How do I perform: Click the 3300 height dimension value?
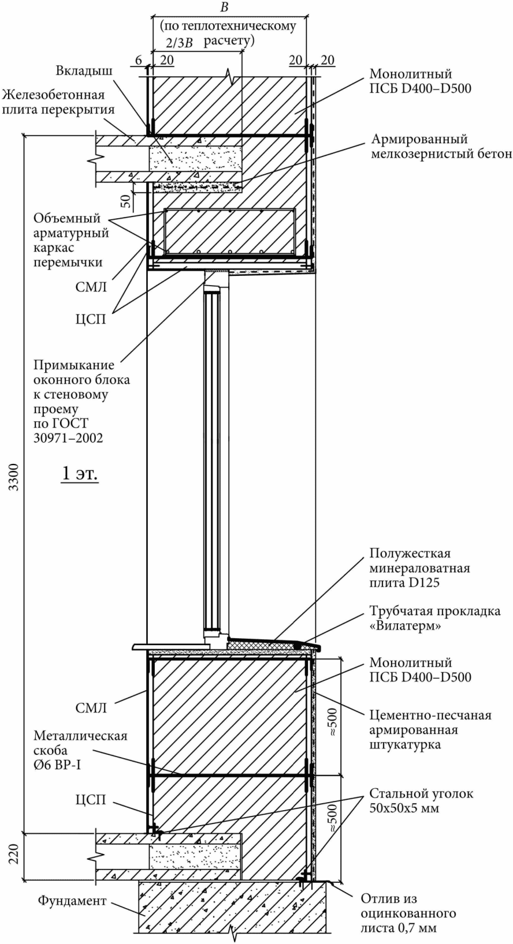(x=14, y=477)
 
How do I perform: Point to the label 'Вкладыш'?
(x=84, y=71)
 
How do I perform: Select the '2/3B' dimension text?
(x=178, y=44)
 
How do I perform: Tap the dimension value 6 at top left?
(x=139, y=60)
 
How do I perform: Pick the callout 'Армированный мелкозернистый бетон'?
(x=441, y=146)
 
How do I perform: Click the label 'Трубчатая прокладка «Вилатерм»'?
(x=435, y=618)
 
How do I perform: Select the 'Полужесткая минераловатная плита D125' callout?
(x=419, y=568)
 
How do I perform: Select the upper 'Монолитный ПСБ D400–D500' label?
(x=420, y=81)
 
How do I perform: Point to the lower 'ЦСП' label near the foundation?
(x=91, y=799)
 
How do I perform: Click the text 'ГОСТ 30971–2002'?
(x=68, y=430)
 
